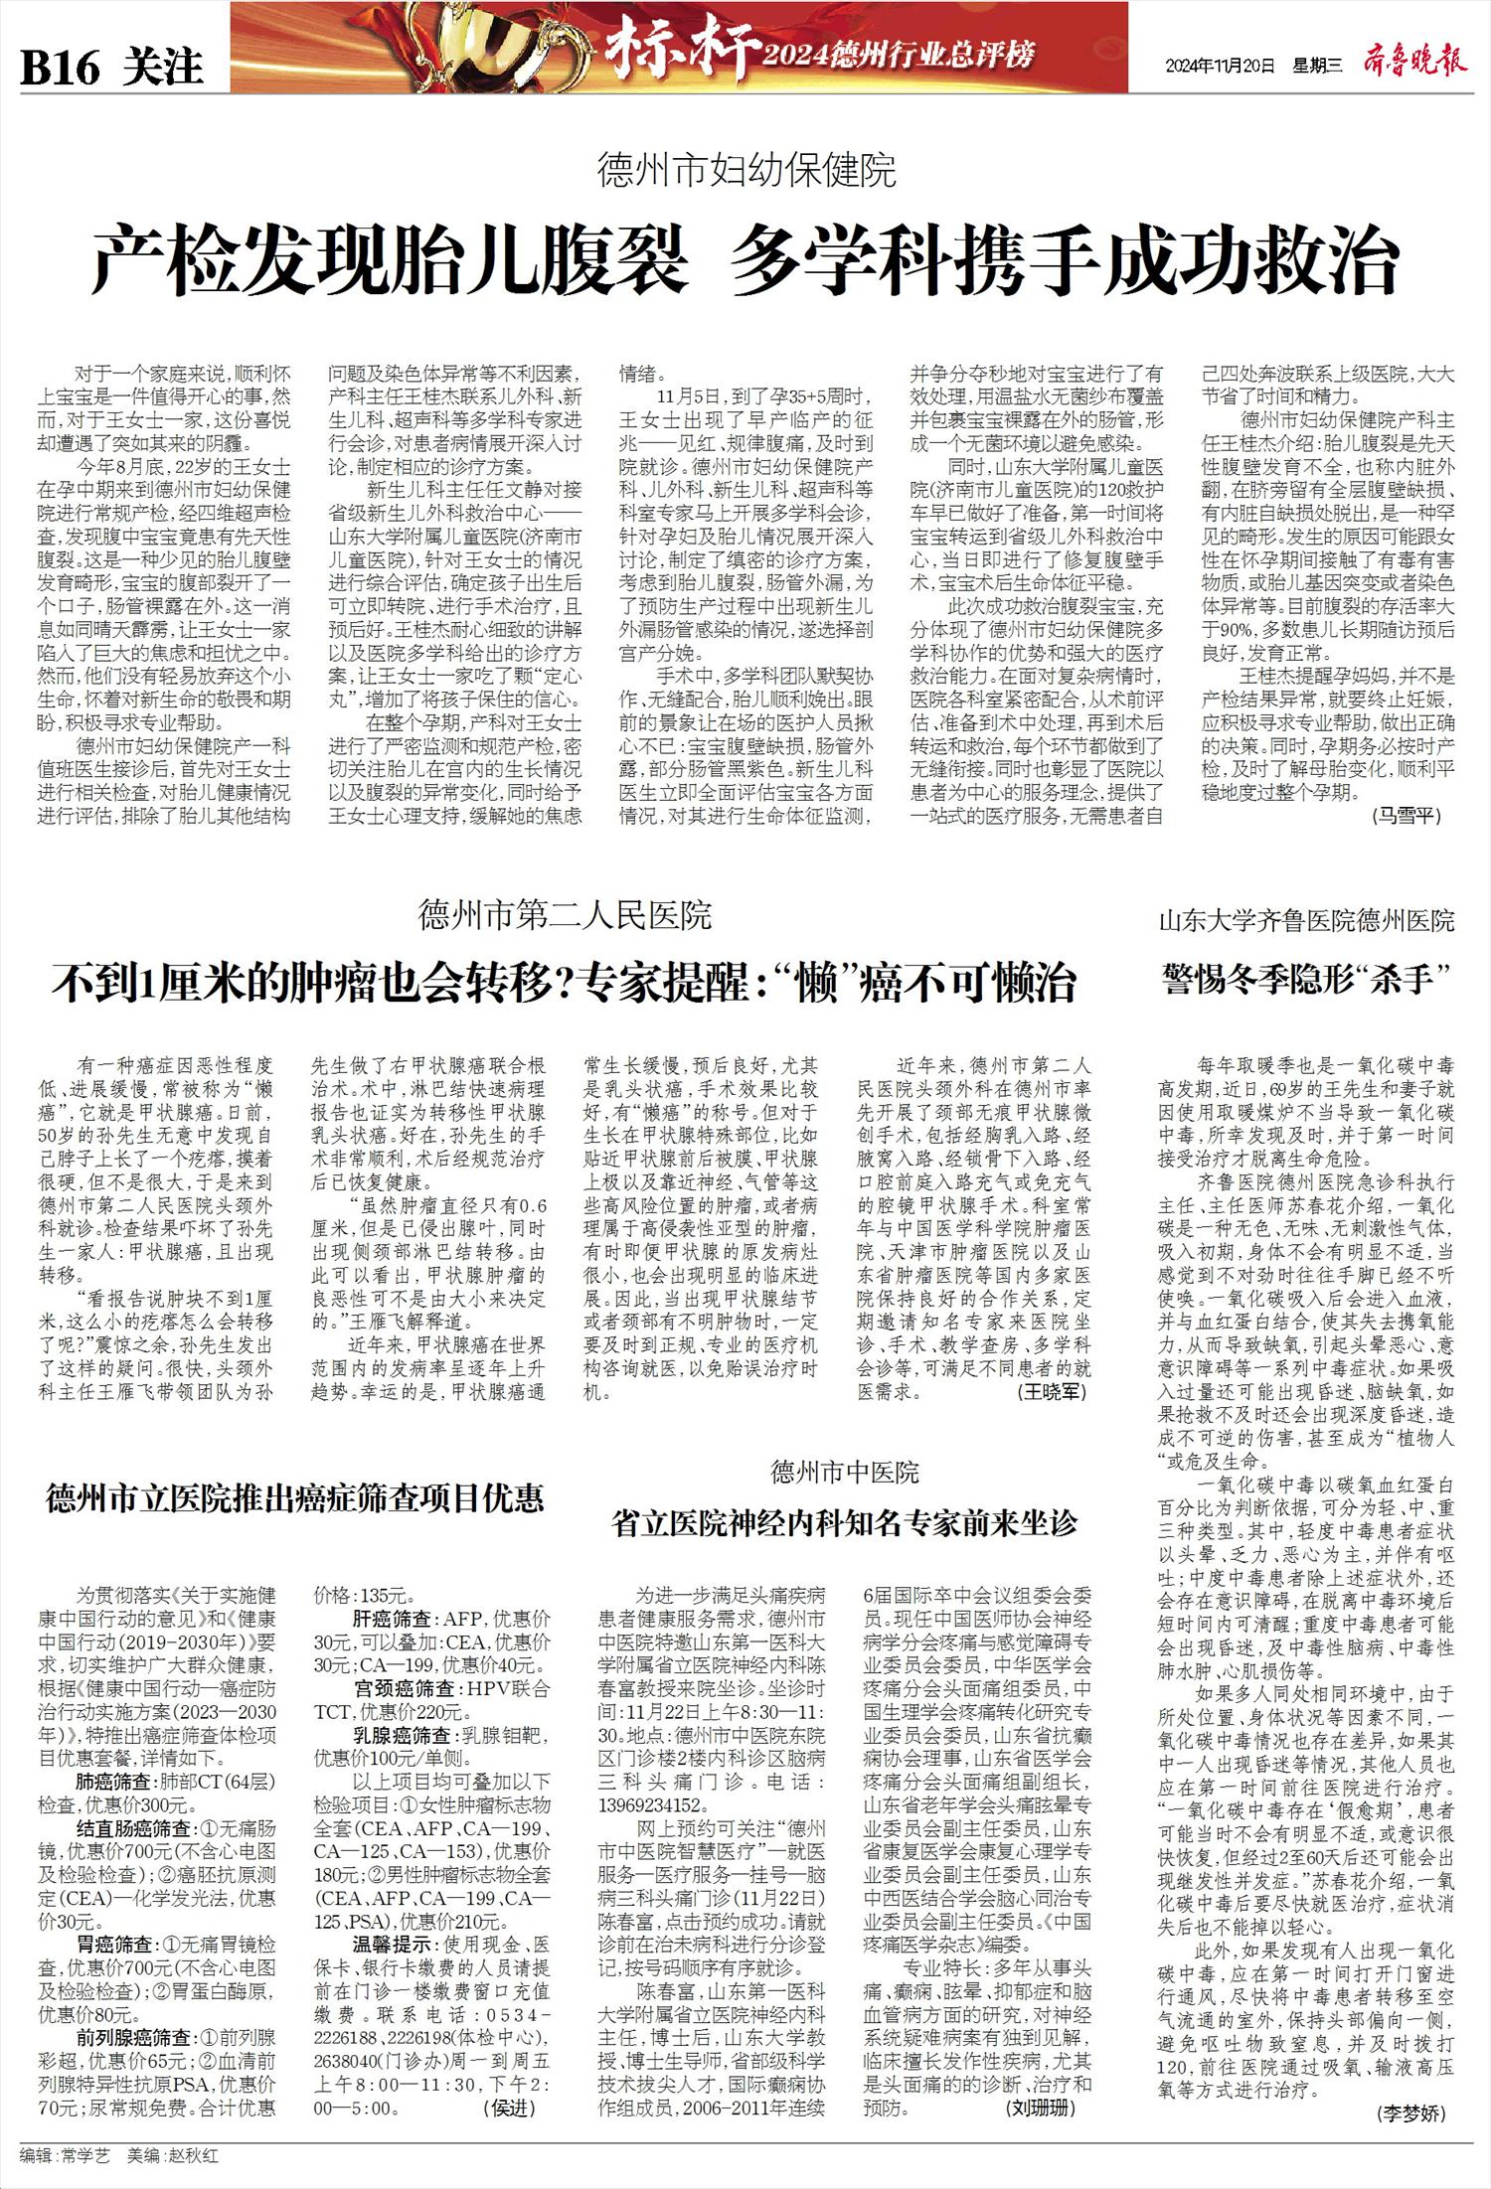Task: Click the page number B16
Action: pos(62,67)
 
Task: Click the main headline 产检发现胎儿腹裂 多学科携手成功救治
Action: pos(745,259)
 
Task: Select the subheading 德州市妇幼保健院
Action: pos(745,171)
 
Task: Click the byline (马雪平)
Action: pos(1407,816)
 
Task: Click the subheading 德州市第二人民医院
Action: pos(565,915)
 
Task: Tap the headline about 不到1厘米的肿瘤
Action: pos(565,983)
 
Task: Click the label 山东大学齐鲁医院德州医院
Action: pos(1306,919)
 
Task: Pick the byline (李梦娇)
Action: pos(1410,2109)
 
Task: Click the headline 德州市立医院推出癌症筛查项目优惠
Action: pos(295,1497)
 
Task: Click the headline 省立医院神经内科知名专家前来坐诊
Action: pos(844,1521)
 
